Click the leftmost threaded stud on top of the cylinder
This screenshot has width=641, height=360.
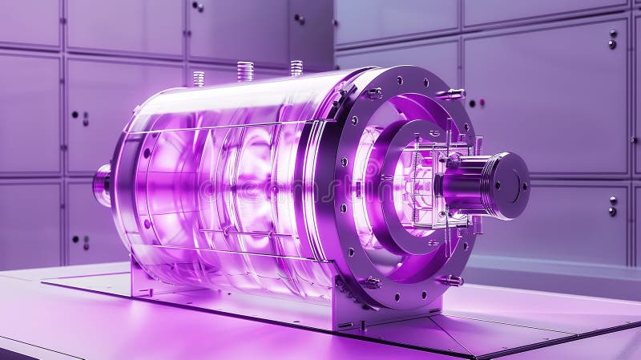tap(198, 79)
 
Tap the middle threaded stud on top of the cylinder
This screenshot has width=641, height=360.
tap(245, 71)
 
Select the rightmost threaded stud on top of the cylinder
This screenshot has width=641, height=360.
tap(296, 68)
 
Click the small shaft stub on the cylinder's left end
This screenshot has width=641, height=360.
tap(102, 183)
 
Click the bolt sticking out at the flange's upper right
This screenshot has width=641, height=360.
tap(450, 94)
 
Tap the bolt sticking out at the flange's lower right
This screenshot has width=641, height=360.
tap(451, 280)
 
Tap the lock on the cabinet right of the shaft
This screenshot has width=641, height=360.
tap(612, 206)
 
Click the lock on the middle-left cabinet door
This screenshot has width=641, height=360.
tap(85, 118)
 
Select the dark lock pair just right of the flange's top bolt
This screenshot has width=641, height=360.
tap(476, 103)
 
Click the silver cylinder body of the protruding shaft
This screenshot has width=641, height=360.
tap(465, 183)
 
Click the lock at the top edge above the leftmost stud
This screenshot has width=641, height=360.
tap(197, 6)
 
